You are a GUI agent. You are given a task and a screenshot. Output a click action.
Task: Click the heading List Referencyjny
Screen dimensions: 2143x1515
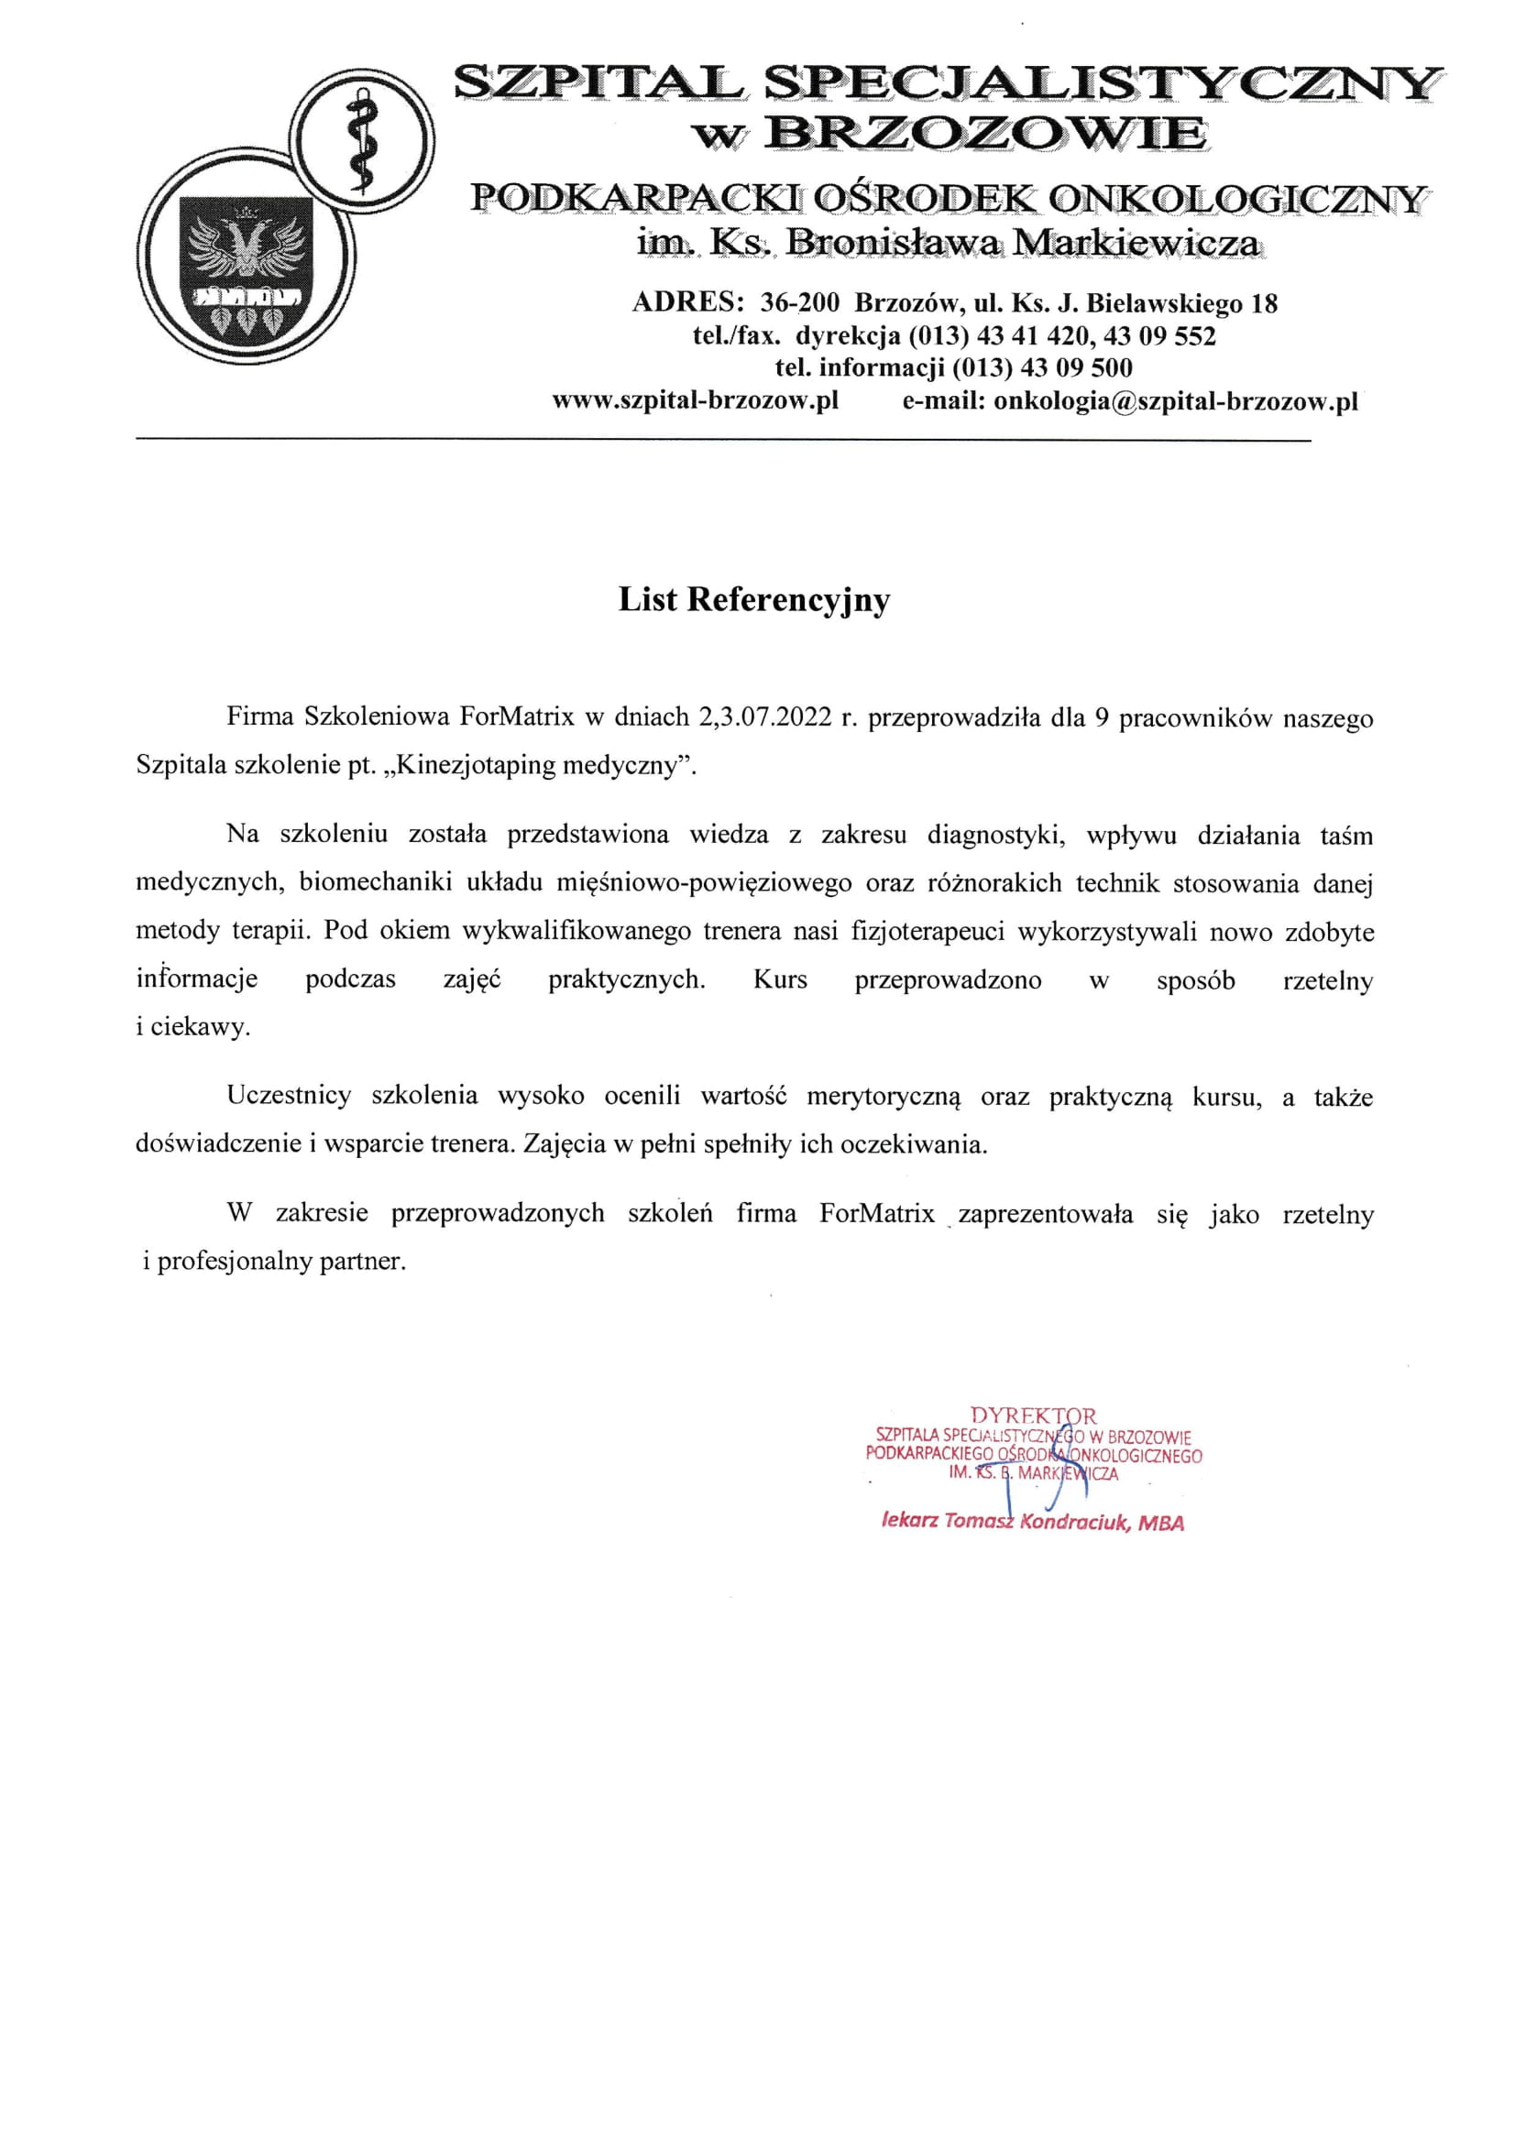pos(753,599)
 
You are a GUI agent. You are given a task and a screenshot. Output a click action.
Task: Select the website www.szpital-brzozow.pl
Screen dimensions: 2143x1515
pos(696,401)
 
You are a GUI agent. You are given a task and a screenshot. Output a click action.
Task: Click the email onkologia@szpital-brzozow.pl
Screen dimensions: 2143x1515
pos(1175,401)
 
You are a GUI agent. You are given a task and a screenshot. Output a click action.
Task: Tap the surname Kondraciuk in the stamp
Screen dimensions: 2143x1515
pos(1075,1523)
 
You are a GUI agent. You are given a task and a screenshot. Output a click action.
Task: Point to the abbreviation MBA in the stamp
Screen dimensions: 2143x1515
pos(1161,1524)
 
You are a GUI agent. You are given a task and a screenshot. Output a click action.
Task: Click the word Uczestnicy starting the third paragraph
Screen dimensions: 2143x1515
pos(289,1096)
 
